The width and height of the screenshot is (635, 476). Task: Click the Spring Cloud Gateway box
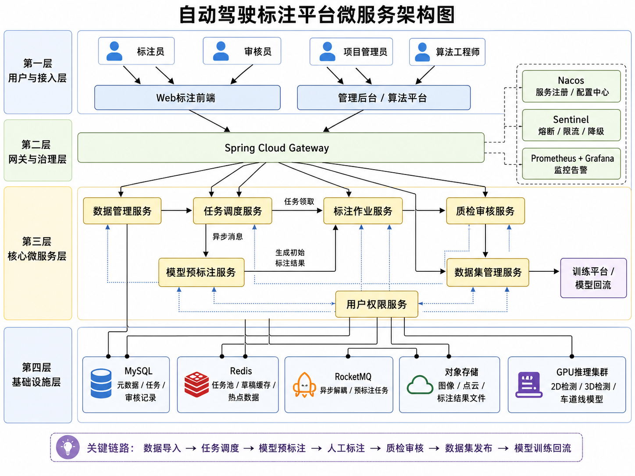coord(281,147)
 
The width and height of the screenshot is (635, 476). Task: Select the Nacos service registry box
coord(571,86)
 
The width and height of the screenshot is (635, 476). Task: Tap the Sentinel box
coord(571,125)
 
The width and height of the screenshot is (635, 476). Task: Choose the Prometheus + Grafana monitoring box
coord(571,163)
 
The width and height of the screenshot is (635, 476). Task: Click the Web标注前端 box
coord(187,97)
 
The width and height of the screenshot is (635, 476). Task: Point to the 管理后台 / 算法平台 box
coord(384,98)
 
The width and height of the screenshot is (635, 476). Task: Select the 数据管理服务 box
coord(122,211)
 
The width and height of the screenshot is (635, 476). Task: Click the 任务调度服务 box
coord(232,211)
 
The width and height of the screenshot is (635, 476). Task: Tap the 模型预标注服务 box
coord(201,272)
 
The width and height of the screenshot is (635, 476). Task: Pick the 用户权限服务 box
coord(377,304)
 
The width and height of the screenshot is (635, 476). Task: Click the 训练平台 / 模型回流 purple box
coord(593,278)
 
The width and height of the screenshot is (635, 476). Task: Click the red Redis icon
coord(196,384)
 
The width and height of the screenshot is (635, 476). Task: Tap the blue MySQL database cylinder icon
coord(101,384)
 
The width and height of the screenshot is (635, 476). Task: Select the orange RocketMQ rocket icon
coord(304,385)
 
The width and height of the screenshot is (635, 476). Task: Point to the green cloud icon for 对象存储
coord(420,385)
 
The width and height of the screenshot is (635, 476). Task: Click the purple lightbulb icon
coord(68,447)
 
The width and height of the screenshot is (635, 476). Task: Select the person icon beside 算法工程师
coord(422,52)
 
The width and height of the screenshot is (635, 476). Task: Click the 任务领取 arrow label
coord(299,202)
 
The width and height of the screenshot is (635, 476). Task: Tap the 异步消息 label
coord(228,237)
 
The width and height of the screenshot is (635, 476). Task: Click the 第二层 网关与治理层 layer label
coord(37,152)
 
